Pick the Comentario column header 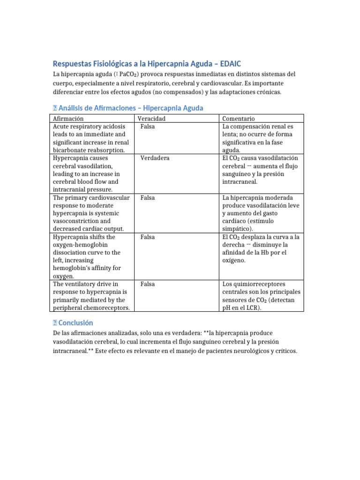239,119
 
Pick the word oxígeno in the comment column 233,260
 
